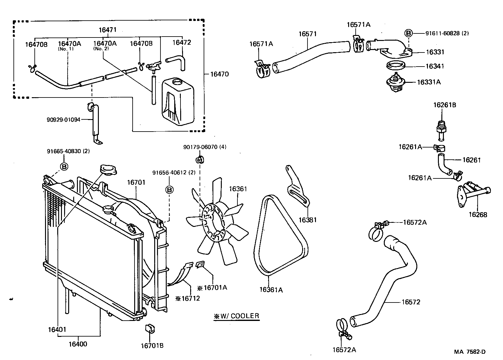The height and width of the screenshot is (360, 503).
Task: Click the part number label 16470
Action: (x=219, y=74)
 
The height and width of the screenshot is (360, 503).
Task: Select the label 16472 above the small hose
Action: (x=181, y=42)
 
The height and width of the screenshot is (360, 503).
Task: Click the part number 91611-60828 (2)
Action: (x=447, y=33)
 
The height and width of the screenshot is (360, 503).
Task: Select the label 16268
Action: (x=477, y=215)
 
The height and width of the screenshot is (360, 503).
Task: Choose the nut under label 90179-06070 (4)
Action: (x=198, y=160)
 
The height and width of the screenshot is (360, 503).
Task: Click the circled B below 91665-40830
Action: (x=64, y=167)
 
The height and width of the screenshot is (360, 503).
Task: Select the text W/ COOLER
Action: (x=237, y=316)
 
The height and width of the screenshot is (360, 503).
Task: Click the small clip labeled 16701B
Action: (x=149, y=329)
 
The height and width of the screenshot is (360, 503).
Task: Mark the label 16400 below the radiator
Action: (x=78, y=344)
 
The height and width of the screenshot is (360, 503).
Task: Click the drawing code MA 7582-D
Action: (x=470, y=352)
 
